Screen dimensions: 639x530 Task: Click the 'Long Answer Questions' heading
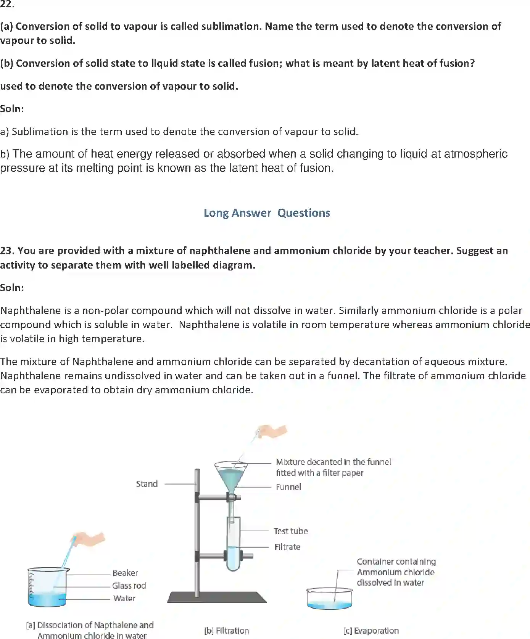(267, 213)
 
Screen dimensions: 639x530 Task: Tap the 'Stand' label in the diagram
(147, 484)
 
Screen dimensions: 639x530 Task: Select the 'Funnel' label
(288, 487)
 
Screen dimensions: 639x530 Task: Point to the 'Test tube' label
(290, 531)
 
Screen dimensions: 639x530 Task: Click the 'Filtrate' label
(287, 547)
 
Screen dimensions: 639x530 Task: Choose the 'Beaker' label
(125, 573)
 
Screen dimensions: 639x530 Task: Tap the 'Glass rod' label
(129, 586)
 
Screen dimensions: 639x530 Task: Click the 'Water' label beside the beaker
(124, 598)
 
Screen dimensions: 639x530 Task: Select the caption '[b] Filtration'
(227, 631)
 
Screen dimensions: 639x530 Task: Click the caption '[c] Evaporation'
(371, 631)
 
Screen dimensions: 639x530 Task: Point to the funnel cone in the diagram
(231, 477)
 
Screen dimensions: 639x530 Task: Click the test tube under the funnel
(234, 546)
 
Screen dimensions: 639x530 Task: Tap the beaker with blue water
(48, 587)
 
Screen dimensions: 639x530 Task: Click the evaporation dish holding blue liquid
(329, 599)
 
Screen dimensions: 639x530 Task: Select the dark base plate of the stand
(217, 597)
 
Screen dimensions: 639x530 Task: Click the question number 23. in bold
(7, 251)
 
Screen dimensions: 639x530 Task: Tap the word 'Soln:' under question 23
(12, 288)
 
